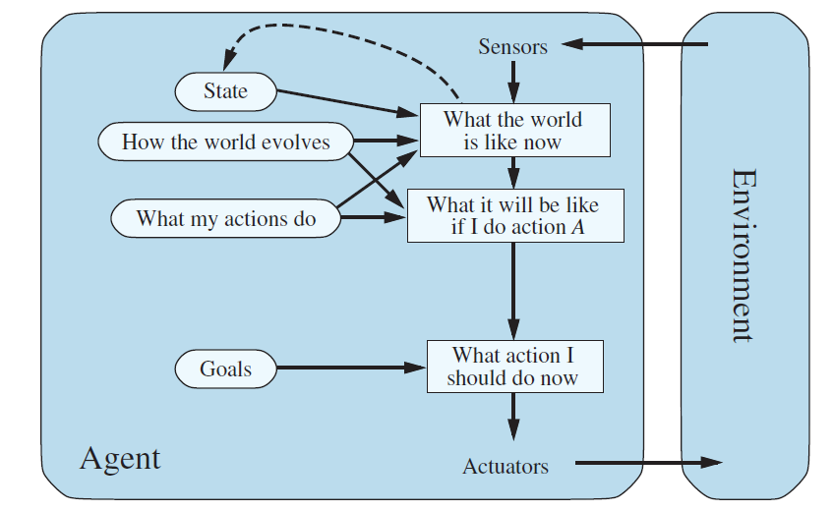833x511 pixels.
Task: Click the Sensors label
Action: pyautogui.click(x=512, y=46)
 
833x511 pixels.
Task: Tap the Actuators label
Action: pyautogui.click(x=506, y=466)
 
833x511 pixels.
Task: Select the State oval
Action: pyautogui.click(x=225, y=92)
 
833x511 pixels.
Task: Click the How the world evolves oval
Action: pyautogui.click(x=225, y=142)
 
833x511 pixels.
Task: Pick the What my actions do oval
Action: pyautogui.click(x=225, y=218)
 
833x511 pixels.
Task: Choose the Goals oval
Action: pyautogui.click(x=225, y=369)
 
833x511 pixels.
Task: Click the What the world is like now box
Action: pyautogui.click(x=513, y=131)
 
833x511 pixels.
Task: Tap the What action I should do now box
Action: pyautogui.click(x=513, y=367)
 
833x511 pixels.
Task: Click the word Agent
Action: pyautogui.click(x=119, y=458)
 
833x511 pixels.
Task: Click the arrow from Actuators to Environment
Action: pyautogui.click(x=644, y=462)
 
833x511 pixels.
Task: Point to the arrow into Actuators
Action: pyautogui.click(x=512, y=419)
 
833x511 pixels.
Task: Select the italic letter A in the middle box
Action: pyautogui.click(x=578, y=228)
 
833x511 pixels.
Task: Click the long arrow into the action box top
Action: pyautogui.click(x=512, y=290)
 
